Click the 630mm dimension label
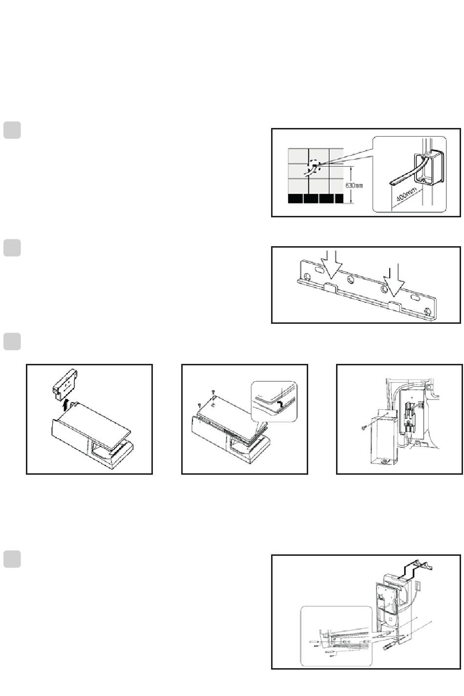pos(354,186)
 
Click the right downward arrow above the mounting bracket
pos(394,280)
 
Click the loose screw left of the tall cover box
pos(363,428)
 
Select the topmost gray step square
pos(12,130)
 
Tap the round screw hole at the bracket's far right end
pos(428,311)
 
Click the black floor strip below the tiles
pos(316,199)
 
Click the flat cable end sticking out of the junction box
pos(393,183)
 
